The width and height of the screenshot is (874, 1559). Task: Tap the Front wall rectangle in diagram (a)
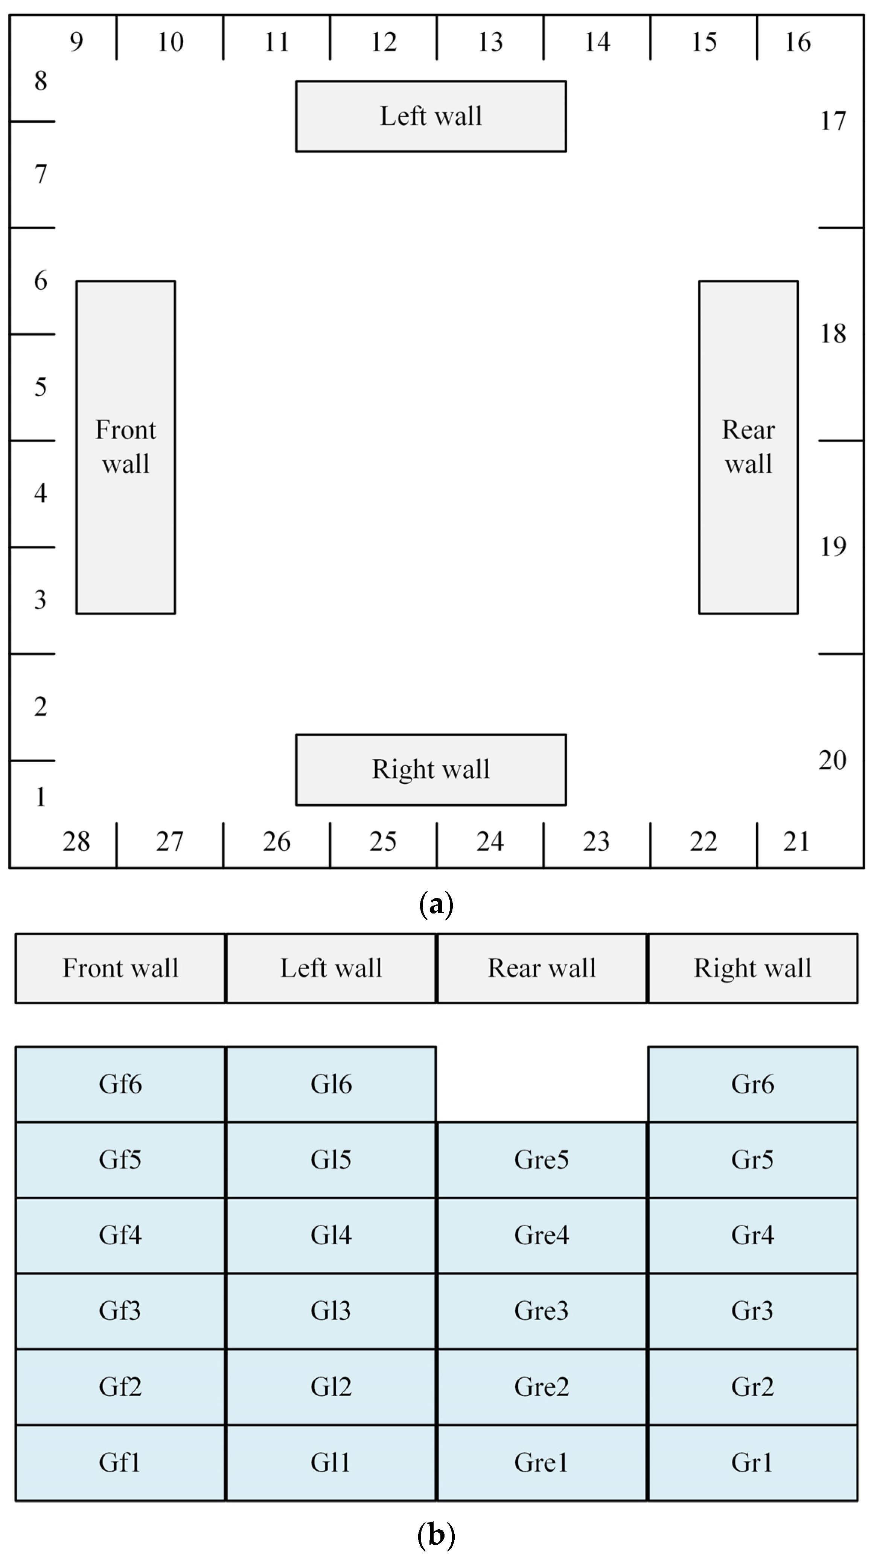(125, 447)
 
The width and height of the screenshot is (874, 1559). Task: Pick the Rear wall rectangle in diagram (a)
(748, 447)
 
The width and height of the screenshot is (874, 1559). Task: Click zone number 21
(796, 841)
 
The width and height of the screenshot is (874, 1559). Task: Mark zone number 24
(490, 841)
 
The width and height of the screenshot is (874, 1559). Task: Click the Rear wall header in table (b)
(541, 968)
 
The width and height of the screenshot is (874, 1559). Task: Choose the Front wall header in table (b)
(120, 968)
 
